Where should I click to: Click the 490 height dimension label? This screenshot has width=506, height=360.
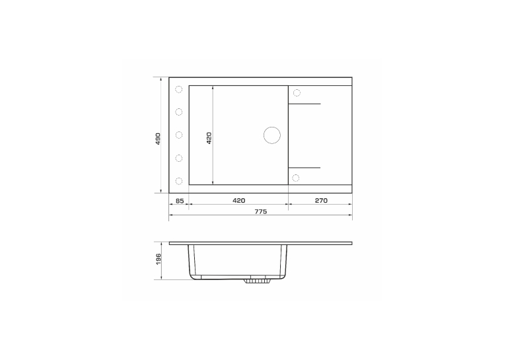[x=158, y=139]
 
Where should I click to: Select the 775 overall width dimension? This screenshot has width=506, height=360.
[x=261, y=211]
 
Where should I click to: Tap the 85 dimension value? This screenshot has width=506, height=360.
[x=180, y=201]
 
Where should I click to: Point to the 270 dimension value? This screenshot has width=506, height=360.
[x=321, y=200]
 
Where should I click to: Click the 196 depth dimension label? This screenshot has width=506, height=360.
[x=158, y=260]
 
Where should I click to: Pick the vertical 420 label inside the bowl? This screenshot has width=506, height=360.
[x=209, y=138]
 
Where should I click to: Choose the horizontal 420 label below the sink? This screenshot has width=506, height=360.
[x=239, y=200]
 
